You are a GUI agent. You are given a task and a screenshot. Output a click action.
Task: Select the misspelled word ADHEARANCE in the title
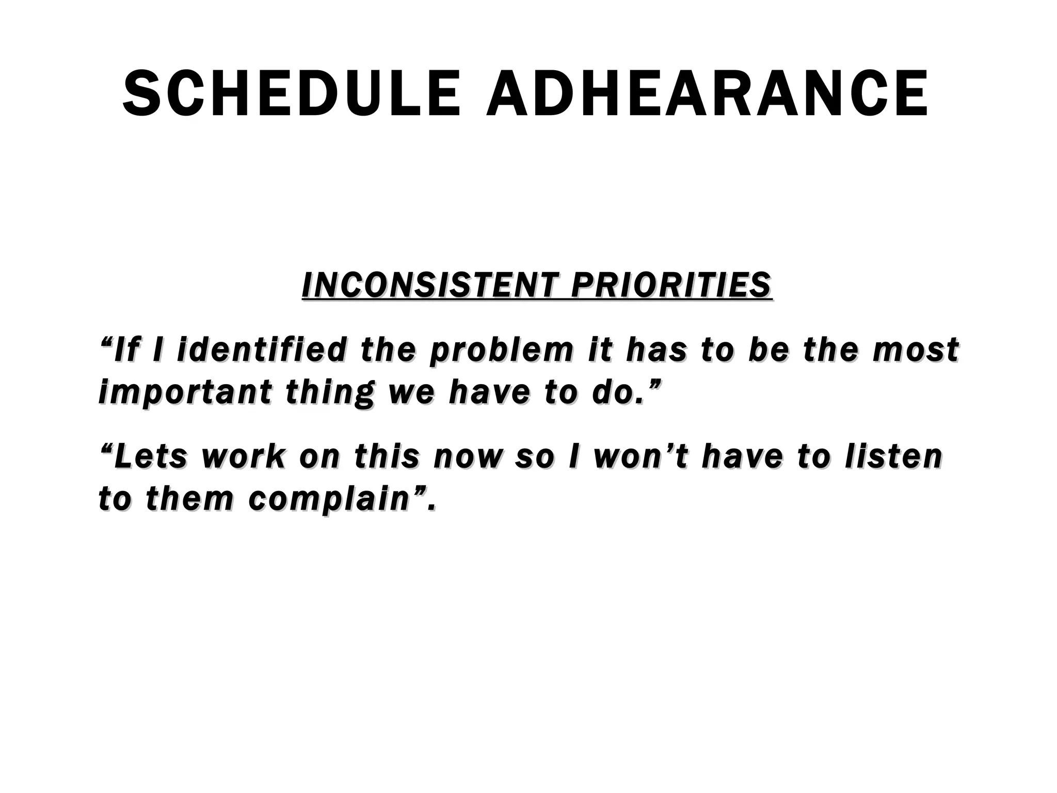707,95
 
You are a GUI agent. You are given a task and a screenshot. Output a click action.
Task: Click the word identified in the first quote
261,350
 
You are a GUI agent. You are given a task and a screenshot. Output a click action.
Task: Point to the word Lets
150,457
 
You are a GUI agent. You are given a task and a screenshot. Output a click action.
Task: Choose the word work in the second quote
243,457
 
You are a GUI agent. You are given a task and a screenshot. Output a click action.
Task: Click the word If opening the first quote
124,350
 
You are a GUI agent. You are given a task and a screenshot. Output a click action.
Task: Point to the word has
656,350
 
